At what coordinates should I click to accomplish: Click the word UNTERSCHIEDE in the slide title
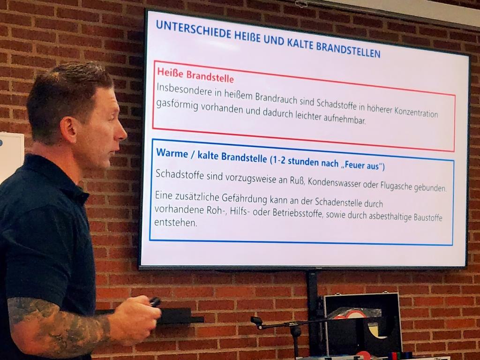point(194,30)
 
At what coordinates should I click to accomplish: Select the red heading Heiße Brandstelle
point(195,75)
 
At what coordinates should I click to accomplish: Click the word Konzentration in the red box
point(416,112)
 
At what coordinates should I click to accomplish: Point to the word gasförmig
point(177,105)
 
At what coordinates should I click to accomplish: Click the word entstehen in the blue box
point(175,223)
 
